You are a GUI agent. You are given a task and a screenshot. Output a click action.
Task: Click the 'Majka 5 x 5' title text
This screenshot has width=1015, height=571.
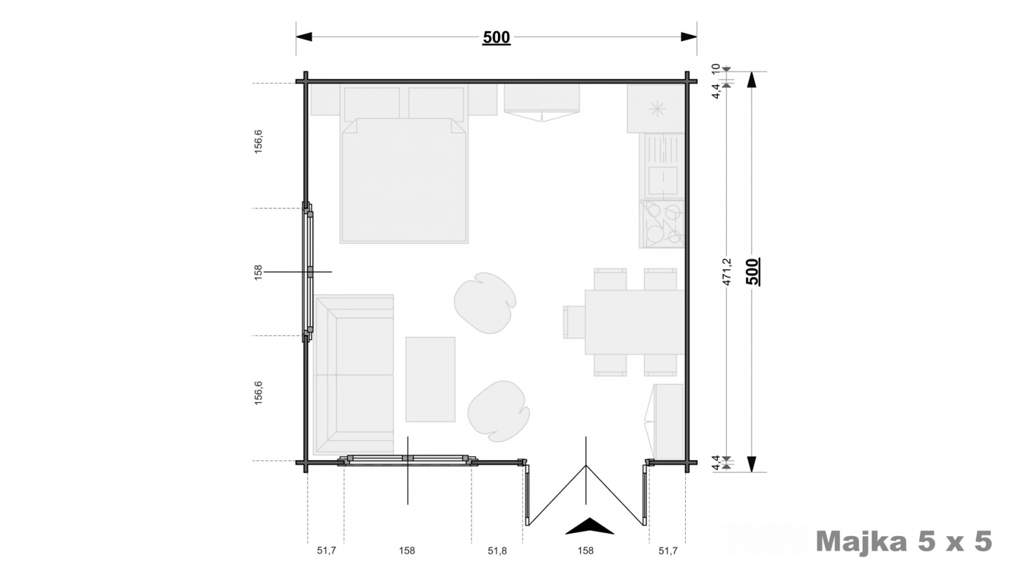coord(903,542)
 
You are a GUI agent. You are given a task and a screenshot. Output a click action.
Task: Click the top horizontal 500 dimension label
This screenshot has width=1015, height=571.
coord(496,37)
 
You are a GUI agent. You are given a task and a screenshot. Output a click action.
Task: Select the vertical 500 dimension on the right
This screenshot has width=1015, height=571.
coord(752,272)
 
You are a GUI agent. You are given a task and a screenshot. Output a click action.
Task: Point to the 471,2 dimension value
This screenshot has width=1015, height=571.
coord(727,272)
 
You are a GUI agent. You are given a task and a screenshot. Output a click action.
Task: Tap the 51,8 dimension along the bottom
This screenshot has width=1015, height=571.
coord(497,551)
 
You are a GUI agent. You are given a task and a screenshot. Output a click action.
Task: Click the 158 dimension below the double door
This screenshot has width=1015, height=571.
coord(586,551)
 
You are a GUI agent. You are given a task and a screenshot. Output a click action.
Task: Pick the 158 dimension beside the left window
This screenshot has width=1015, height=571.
coord(258,272)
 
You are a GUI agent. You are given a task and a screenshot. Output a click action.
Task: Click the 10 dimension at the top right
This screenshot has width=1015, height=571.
coord(716,69)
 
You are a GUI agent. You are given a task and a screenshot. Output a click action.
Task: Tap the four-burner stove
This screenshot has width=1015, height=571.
coord(662,224)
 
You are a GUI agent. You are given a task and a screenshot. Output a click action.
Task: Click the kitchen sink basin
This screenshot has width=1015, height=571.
coord(662,180)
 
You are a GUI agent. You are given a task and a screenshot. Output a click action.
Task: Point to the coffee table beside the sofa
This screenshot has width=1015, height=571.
coord(430,379)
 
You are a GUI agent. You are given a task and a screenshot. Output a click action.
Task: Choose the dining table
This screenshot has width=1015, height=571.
coord(634,322)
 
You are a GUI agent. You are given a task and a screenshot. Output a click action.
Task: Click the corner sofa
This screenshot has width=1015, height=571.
coord(353,375)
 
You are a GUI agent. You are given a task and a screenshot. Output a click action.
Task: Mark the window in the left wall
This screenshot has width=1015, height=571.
coord(308,272)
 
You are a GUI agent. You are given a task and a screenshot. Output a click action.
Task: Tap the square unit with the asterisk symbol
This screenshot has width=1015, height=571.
coord(656,108)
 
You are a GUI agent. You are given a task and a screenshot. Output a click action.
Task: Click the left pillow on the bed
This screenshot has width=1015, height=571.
coord(372,103)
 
